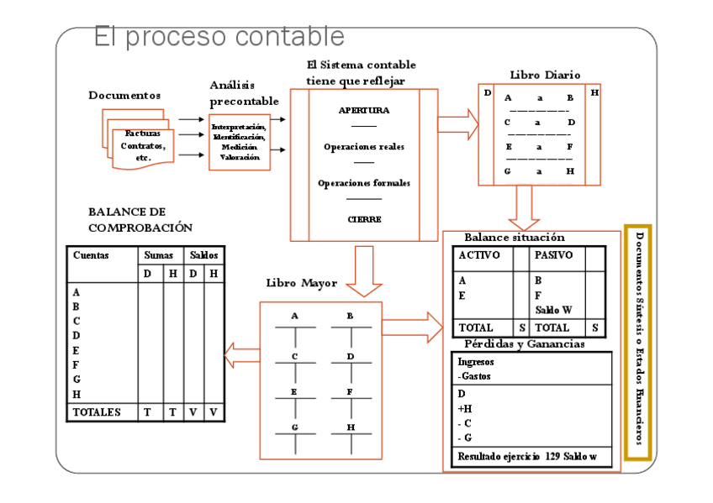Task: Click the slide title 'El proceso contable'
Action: [x=219, y=37]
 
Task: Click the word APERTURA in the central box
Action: [x=363, y=110]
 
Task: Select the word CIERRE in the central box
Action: [x=364, y=219]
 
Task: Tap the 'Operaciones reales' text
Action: [x=363, y=147]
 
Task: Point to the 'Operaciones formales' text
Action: [x=363, y=183]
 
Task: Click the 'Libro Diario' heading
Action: [x=544, y=75]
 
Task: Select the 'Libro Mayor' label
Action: [x=301, y=283]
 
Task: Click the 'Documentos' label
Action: [x=124, y=96]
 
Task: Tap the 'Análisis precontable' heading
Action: [x=244, y=93]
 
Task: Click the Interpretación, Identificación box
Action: [x=240, y=142]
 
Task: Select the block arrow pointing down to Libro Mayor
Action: [x=364, y=270]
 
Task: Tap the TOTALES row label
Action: [x=97, y=412]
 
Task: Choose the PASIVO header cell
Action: [x=554, y=254]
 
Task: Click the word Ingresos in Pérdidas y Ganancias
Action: [x=476, y=362]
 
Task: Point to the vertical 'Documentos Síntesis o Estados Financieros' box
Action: [x=638, y=343]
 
